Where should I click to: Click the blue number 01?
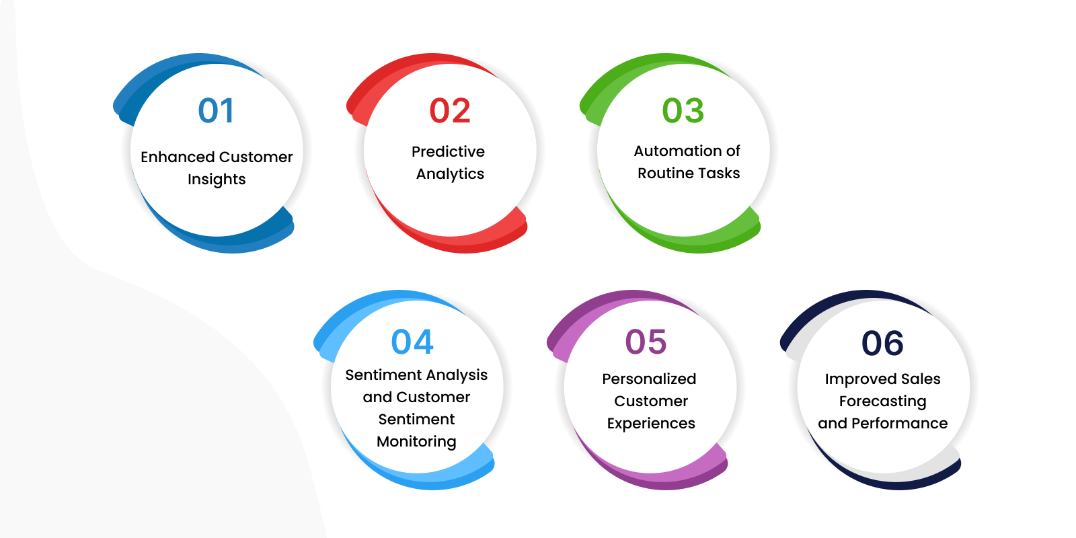click(216, 110)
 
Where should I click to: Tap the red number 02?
click(450, 110)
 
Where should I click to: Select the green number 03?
click(683, 110)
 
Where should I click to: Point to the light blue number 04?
click(412, 342)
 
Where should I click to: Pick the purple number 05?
click(646, 342)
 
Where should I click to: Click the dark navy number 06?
click(882, 343)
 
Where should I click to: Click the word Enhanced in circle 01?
click(178, 157)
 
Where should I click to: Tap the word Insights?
click(217, 180)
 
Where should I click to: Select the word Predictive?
click(448, 152)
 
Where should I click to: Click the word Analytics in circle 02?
click(450, 174)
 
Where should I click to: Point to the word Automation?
click(671, 151)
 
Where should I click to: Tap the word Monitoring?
click(416, 442)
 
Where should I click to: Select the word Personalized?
click(649, 379)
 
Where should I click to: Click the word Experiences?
click(651, 424)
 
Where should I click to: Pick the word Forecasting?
click(883, 401)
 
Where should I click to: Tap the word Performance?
click(900, 423)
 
